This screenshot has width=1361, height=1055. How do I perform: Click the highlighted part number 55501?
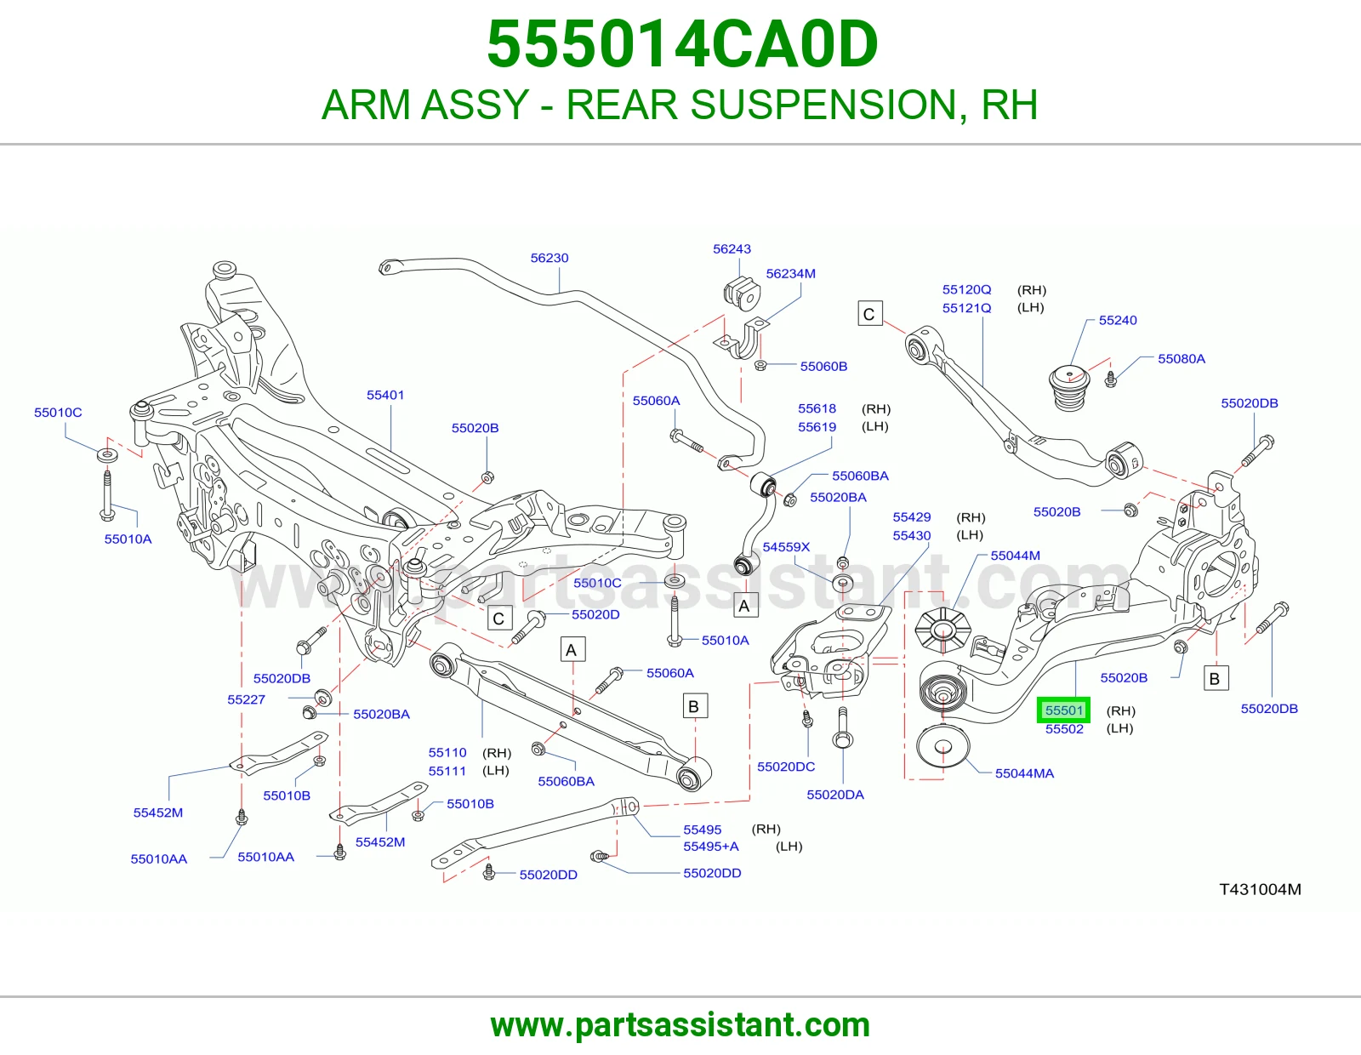click(1063, 710)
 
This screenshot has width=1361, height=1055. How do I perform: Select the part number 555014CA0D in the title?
click(683, 44)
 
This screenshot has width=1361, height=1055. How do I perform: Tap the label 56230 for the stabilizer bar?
click(550, 258)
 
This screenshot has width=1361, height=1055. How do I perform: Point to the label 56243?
click(732, 248)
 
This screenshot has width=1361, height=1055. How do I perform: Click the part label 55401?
click(385, 395)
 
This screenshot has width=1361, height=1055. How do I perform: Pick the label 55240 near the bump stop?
click(1118, 320)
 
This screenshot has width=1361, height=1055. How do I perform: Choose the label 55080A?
click(1182, 358)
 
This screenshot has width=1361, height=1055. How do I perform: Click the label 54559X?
click(786, 547)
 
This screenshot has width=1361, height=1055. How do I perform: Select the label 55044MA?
click(1024, 773)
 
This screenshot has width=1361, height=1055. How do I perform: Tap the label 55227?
click(246, 699)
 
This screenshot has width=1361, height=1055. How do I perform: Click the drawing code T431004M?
click(1260, 889)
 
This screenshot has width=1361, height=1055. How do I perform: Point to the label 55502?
click(1063, 728)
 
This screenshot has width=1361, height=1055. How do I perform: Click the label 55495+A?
click(711, 847)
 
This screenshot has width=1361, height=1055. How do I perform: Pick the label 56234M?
click(790, 273)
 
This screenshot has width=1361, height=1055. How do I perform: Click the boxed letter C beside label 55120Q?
click(870, 314)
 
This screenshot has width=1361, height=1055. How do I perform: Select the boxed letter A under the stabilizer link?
click(744, 606)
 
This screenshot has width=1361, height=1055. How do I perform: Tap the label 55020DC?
click(785, 767)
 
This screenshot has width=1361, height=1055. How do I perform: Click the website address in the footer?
click(680, 1025)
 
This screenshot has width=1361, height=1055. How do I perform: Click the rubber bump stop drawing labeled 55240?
click(1069, 388)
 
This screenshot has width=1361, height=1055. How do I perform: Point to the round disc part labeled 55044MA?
click(942, 746)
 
